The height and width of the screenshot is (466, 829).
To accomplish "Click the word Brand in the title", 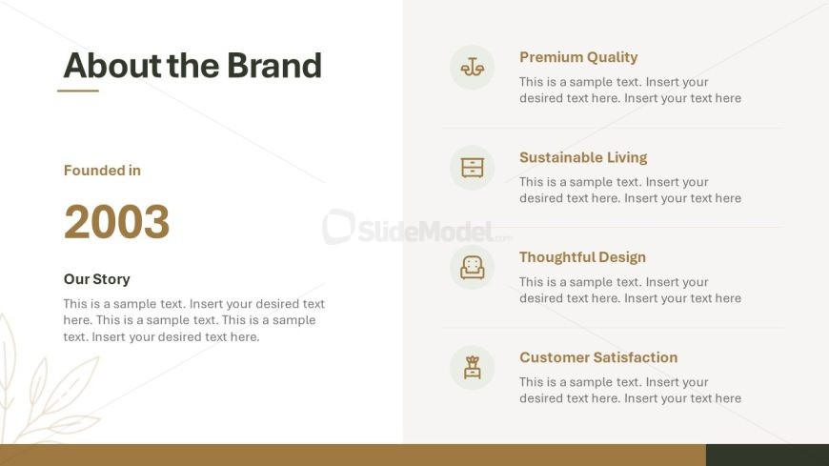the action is pyautogui.click(x=274, y=66).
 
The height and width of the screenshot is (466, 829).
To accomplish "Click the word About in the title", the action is pyautogui.click(x=111, y=66).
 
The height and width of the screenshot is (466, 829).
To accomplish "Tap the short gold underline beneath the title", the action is pyautogui.click(x=78, y=91).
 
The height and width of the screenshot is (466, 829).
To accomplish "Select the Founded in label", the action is pyautogui.click(x=102, y=171).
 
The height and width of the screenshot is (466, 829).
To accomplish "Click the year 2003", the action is pyautogui.click(x=117, y=222).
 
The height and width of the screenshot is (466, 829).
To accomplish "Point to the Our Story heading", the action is pyautogui.click(x=97, y=279).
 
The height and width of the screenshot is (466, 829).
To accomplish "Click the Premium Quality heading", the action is pyautogui.click(x=578, y=57).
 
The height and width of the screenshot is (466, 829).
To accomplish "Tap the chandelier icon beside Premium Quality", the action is pyautogui.click(x=472, y=67).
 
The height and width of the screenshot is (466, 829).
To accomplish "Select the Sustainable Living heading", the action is pyautogui.click(x=583, y=157).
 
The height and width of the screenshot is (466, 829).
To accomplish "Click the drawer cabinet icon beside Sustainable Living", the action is pyautogui.click(x=472, y=168).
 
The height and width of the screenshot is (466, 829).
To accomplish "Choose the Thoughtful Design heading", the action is pyautogui.click(x=582, y=257).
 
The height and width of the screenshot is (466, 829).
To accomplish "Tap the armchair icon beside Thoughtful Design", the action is pyautogui.click(x=472, y=268).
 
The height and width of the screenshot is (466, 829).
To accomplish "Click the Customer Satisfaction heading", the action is pyautogui.click(x=598, y=357).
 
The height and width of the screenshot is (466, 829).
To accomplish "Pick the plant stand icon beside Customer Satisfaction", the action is pyautogui.click(x=472, y=368).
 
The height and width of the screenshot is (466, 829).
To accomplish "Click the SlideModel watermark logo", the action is pyautogui.click(x=417, y=228).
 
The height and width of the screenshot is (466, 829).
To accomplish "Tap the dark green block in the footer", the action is pyautogui.click(x=767, y=455).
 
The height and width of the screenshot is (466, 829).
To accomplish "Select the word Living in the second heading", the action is pyautogui.click(x=627, y=157).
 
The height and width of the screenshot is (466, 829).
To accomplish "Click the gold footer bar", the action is pyautogui.click(x=353, y=455).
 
